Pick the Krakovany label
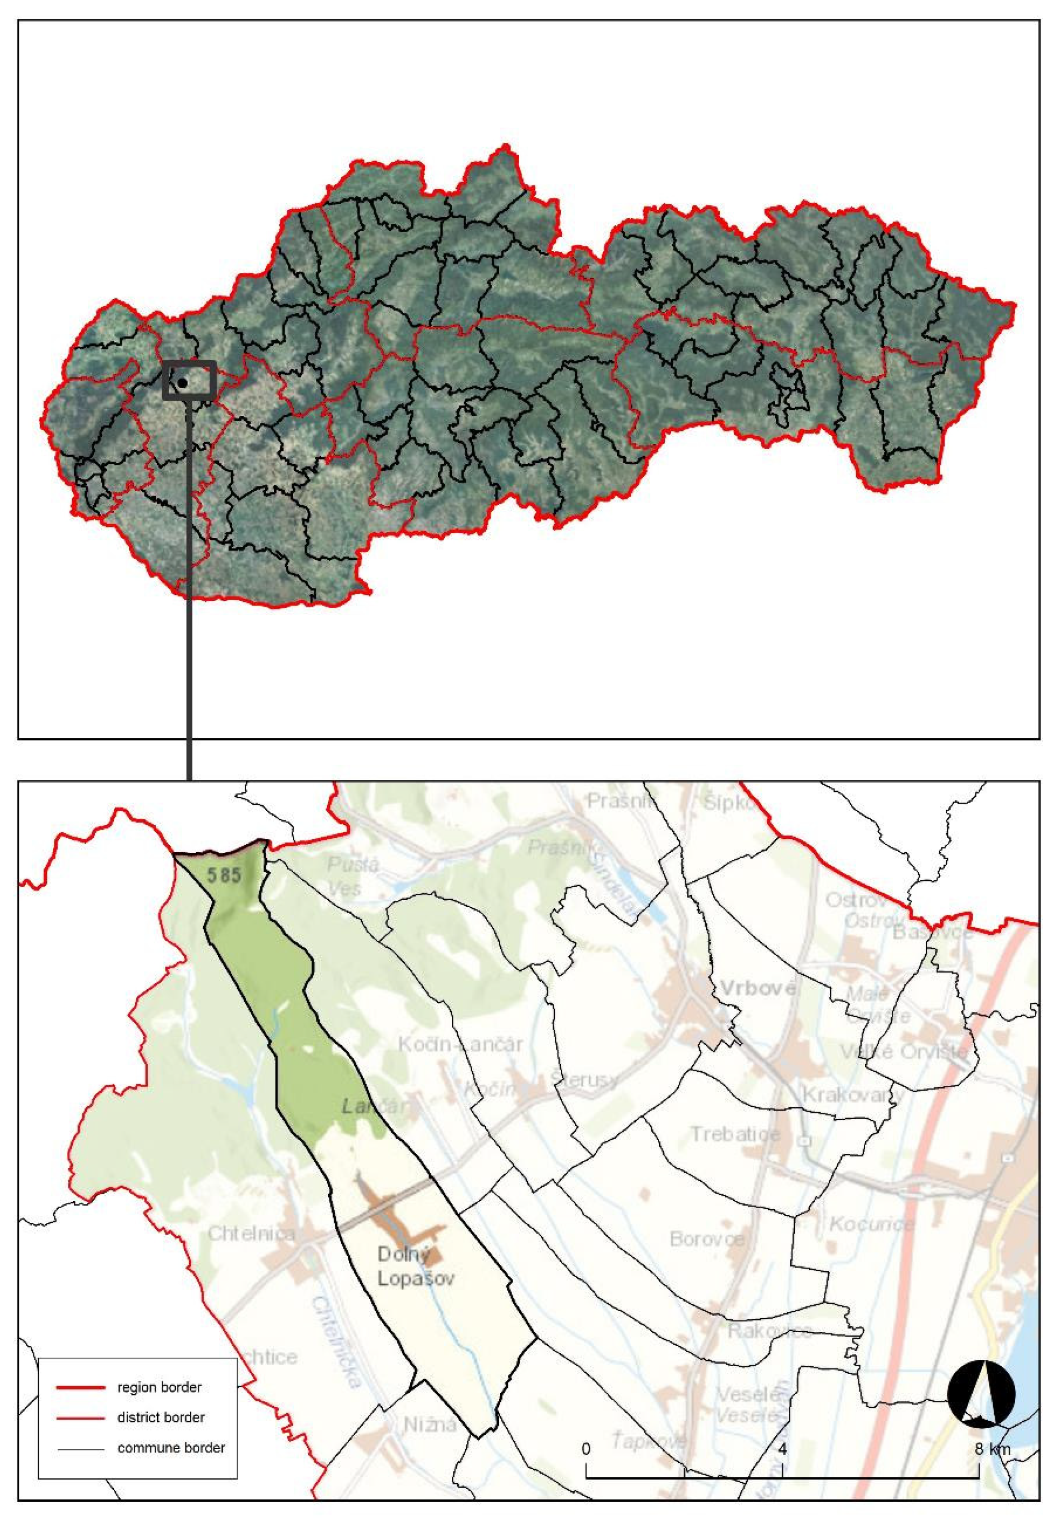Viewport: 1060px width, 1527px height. (853, 1094)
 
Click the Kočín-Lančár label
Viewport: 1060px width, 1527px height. (460, 1044)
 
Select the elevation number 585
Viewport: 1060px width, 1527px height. (223, 875)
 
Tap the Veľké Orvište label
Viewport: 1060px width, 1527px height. (904, 1052)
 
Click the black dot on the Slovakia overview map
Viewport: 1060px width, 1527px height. (182, 383)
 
